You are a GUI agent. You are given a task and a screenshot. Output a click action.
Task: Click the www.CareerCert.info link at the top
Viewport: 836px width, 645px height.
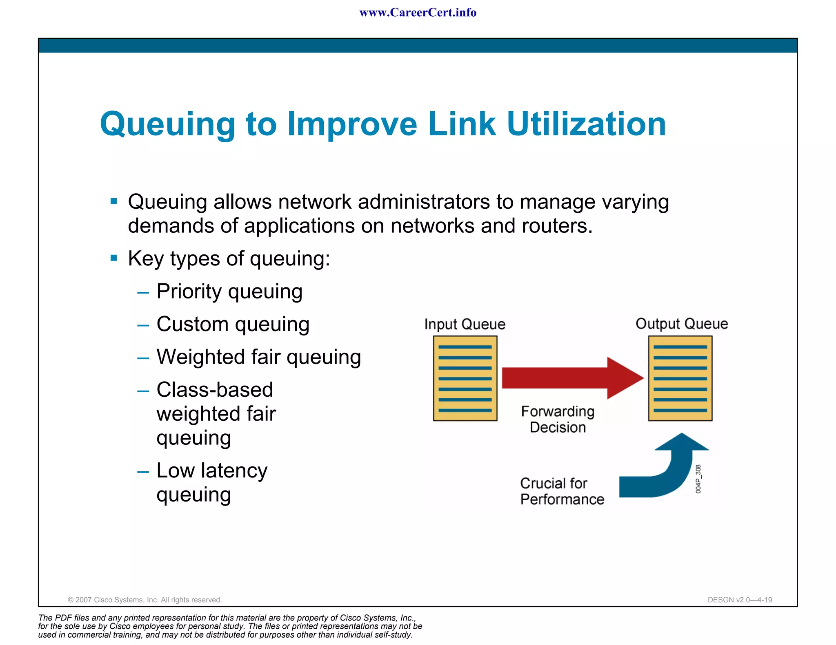coord(418,13)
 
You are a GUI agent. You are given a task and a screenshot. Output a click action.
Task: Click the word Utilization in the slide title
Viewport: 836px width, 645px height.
coord(586,124)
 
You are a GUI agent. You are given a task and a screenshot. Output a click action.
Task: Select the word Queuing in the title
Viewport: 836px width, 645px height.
coord(167,125)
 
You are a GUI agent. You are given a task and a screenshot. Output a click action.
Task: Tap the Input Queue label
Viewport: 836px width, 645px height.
coord(465,324)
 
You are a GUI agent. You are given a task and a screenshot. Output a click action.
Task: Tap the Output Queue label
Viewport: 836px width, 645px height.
coord(681,324)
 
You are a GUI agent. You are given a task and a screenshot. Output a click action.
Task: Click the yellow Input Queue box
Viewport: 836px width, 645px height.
coord(465,378)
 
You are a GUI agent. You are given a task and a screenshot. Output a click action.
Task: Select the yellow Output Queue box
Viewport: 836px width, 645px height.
coord(680,378)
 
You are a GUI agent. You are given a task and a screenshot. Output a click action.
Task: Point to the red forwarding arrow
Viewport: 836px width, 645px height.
coord(571,378)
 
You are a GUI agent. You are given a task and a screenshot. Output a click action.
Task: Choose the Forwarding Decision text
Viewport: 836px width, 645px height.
coord(558,419)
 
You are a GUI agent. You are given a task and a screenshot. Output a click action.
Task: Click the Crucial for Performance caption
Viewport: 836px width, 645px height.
coord(562,491)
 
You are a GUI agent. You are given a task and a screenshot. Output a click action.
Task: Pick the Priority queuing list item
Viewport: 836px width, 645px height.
coord(229,292)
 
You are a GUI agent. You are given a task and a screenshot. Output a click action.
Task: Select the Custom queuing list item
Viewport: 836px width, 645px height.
coord(233,325)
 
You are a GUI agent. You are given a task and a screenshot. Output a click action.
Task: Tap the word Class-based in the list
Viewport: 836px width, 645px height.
coord(215,390)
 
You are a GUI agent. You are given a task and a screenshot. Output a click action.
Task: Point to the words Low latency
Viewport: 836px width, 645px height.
coord(212,470)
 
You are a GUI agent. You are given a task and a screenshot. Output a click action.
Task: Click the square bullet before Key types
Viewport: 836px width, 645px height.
coord(114,258)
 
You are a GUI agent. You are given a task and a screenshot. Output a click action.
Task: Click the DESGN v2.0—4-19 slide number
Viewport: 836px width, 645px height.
coord(740,600)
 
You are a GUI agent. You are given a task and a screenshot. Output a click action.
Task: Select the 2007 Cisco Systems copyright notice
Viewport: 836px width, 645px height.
coord(145,600)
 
